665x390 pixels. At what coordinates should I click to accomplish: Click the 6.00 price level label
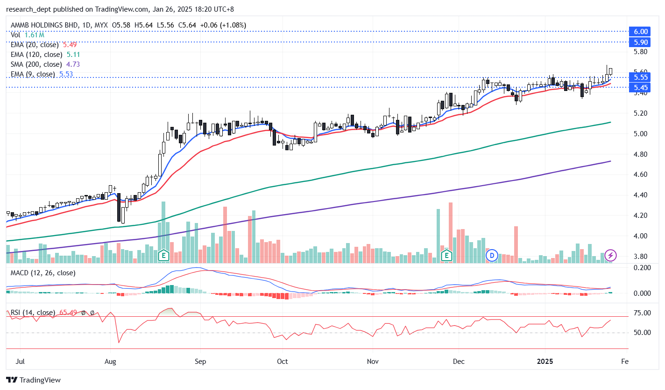[641, 31]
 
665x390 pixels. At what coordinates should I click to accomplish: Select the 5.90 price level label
[641, 42]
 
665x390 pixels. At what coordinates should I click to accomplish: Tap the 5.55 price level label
[641, 77]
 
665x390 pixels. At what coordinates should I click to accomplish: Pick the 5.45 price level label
[641, 87]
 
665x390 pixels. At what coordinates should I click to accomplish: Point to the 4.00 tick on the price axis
[641, 236]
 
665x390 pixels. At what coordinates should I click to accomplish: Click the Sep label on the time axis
[200, 361]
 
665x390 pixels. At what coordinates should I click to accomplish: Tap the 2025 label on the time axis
[545, 361]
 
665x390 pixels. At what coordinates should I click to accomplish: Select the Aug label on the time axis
[110, 361]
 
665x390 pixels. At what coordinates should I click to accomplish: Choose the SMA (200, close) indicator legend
[36, 64]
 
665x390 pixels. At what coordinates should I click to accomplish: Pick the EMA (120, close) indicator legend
[36, 55]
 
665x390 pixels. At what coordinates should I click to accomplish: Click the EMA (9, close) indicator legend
[33, 74]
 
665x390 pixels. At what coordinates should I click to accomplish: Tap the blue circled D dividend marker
[492, 255]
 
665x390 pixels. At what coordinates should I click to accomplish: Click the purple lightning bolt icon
[611, 255]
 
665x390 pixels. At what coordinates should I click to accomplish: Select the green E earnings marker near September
[163, 255]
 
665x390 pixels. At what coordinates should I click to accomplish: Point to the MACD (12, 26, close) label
[42, 272]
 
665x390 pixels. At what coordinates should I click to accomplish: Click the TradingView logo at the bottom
[33, 380]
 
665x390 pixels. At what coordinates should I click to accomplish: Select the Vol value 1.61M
[35, 35]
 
